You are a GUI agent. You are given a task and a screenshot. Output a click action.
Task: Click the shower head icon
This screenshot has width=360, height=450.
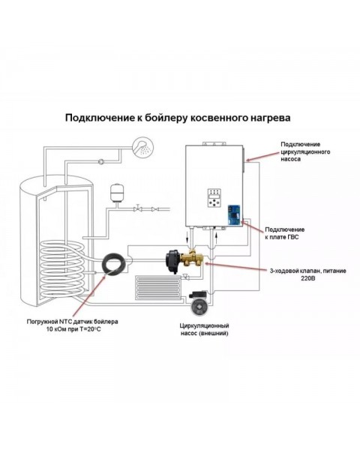(x=142, y=147)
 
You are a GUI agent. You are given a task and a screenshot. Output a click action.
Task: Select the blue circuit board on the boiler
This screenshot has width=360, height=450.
(x=235, y=215)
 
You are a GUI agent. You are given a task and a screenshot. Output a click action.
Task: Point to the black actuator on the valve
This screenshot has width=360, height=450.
(x=173, y=260)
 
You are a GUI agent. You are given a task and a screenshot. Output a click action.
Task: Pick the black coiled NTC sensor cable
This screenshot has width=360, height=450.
(x=114, y=263)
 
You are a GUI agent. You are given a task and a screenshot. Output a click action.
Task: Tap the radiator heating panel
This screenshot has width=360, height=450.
(x=158, y=288)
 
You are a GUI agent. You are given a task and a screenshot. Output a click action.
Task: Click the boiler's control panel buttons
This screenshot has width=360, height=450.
(x=214, y=198)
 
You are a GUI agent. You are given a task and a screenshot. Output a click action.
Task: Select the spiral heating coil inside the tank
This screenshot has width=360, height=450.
(x=61, y=269)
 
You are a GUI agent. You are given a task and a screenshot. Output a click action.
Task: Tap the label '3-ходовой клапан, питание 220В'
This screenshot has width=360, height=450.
(x=307, y=274)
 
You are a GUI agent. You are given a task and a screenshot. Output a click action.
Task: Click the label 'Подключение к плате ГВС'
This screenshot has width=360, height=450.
(x=284, y=233)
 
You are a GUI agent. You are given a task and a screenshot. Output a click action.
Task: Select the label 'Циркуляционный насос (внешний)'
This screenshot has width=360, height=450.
(x=204, y=329)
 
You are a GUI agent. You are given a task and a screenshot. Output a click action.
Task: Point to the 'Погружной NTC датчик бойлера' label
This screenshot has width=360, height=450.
(x=72, y=322)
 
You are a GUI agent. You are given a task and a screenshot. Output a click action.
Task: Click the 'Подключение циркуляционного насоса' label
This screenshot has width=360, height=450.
(x=305, y=151)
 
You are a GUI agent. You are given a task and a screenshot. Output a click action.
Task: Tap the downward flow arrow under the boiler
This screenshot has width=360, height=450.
(x=187, y=237)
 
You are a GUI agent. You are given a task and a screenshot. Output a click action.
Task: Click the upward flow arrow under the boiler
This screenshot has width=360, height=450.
(x=216, y=237)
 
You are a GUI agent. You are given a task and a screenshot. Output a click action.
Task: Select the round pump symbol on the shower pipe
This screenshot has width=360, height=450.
(x=101, y=162)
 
